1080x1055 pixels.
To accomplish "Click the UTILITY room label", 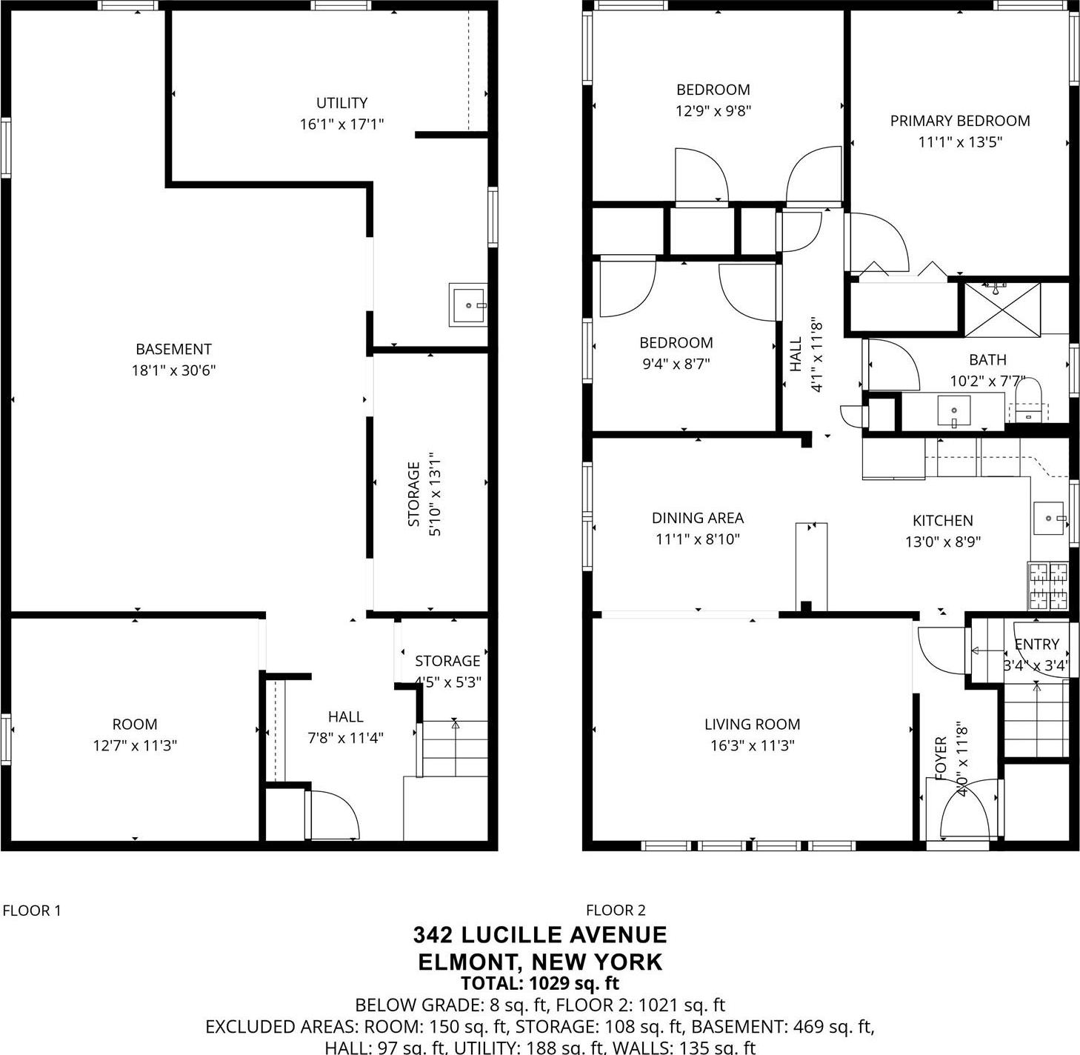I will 341,103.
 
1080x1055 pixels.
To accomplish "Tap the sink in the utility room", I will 468,305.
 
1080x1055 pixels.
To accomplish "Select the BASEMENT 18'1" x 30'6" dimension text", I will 173,370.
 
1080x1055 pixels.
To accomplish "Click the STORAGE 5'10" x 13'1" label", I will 423,494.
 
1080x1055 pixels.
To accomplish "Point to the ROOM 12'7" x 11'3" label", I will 135,735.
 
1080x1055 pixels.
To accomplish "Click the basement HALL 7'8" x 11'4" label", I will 345,727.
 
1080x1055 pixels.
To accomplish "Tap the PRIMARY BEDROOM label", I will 959,121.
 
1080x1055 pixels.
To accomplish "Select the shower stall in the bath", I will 1001,310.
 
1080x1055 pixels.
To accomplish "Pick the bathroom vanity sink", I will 954,410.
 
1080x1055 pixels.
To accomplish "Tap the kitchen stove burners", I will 1048,586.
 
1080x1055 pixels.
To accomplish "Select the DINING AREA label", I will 697,518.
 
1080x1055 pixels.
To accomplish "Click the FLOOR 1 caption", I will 32,911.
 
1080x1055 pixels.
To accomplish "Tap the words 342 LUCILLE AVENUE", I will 540,934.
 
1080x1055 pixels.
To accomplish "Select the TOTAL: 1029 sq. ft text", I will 540,984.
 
